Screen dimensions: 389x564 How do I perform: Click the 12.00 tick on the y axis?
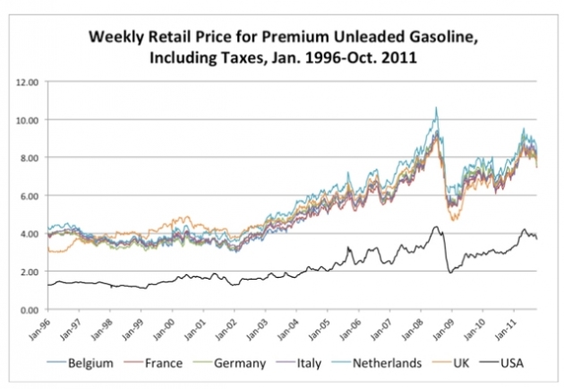26,82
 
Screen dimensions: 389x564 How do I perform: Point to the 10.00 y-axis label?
26,119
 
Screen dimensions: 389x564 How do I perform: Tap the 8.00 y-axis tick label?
28,158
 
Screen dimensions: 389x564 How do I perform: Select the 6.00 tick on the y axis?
28,195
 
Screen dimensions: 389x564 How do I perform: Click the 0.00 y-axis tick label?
28,309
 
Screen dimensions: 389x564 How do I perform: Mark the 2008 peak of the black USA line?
435,227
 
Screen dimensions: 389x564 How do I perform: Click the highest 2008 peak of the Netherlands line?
436,108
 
